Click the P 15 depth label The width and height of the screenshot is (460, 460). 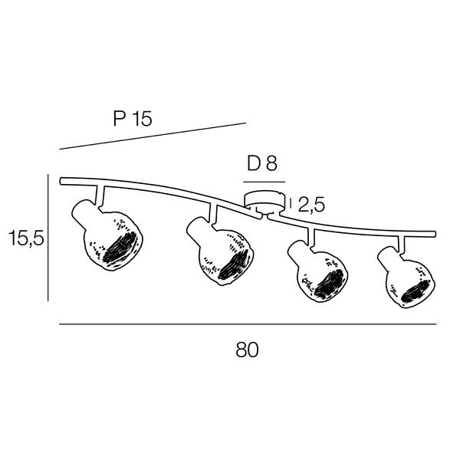click(133, 119)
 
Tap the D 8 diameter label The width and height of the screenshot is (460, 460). click(262, 163)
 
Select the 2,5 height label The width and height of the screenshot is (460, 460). click(311, 205)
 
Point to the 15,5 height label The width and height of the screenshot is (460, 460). click(26, 238)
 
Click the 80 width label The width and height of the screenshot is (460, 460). click(247, 350)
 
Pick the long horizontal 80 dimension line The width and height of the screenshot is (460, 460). click(248, 324)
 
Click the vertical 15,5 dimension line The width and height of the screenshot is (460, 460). click(48, 238)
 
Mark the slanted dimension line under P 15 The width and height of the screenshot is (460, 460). click(153, 136)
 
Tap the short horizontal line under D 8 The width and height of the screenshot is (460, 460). click(264, 182)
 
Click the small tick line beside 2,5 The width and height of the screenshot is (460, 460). click(291, 203)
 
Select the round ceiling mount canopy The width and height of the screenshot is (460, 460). click(265, 201)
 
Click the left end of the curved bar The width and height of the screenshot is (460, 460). click(61, 181)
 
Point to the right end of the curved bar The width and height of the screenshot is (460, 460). click(435, 234)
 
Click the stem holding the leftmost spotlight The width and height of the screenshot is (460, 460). click(100, 195)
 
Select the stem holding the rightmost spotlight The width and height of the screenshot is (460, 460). click(401, 244)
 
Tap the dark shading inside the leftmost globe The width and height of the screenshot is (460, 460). click(120, 248)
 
